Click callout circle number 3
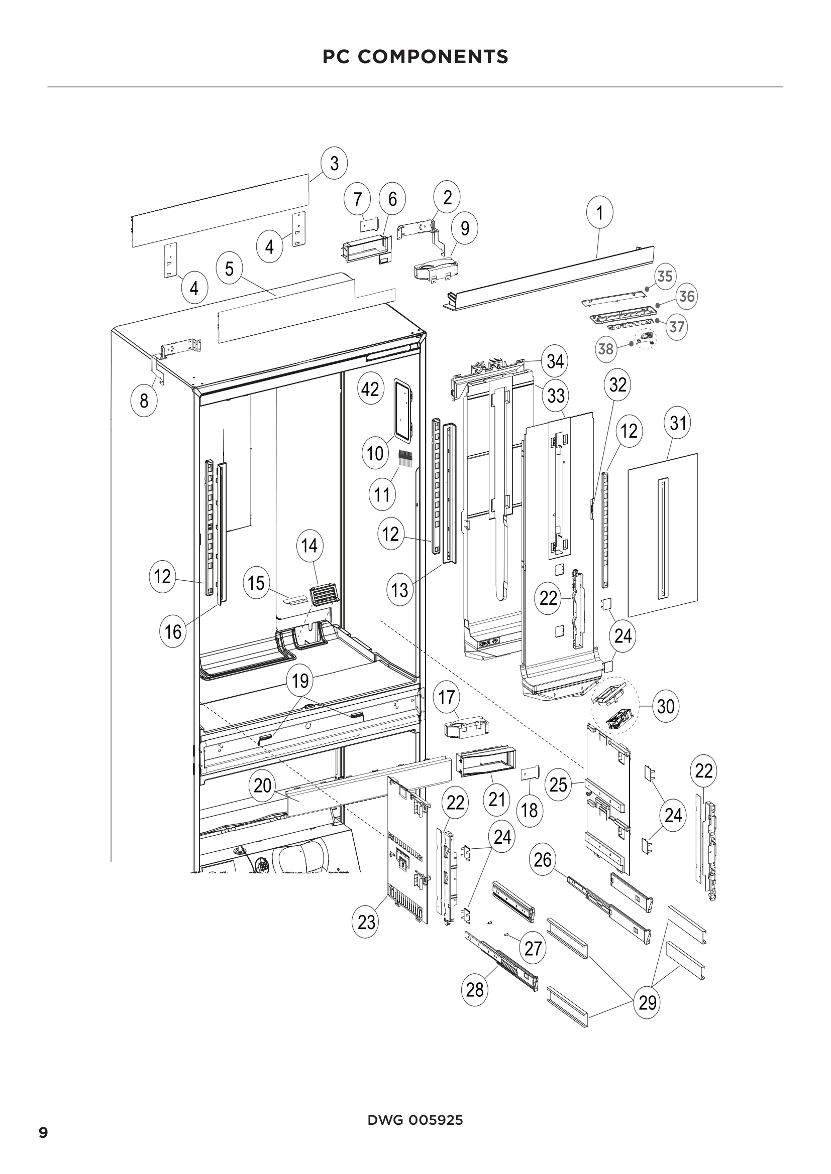pos(334,164)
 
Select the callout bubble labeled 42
pos(370,389)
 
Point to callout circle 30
pos(666,706)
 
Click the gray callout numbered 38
pos(606,349)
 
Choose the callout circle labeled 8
pos(144,401)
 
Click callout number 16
pos(173,631)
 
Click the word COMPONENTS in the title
pos(433,57)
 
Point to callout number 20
pos(262,786)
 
